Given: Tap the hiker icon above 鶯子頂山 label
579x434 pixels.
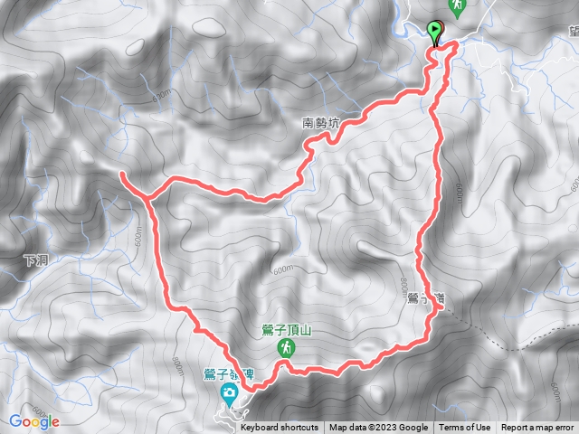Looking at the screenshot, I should [x=285, y=347].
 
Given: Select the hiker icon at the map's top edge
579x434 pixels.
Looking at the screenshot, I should [x=459, y=6].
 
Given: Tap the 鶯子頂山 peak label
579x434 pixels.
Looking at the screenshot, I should [x=284, y=330].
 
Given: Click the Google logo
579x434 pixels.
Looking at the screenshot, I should [x=34, y=420].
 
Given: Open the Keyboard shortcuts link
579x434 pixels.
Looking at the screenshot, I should [x=280, y=428].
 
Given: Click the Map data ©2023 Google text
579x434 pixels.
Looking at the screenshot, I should [x=378, y=428].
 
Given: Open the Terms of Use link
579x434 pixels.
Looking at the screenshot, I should [x=465, y=428].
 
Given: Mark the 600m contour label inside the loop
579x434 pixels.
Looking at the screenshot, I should [x=283, y=269].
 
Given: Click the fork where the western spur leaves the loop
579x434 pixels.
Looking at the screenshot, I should [x=145, y=193].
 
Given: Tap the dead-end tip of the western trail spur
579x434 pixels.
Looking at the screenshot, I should [x=121, y=171].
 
